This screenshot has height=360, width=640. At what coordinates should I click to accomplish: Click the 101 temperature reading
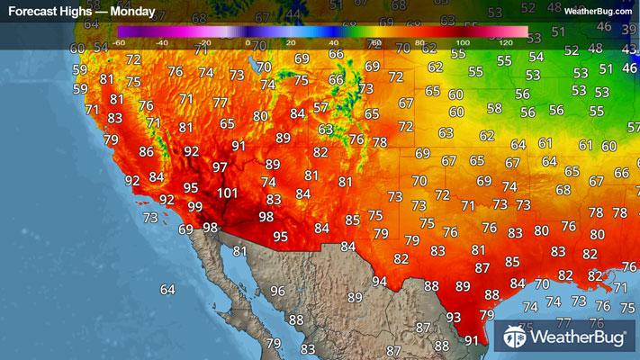(x=227, y=193)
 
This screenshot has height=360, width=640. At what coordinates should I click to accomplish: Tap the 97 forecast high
(x=220, y=167)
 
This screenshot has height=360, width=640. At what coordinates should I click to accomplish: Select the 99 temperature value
(x=195, y=207)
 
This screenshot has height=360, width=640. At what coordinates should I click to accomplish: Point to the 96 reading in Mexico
(x=277, y=291)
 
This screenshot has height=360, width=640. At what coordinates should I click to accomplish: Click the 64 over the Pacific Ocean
(x=167, y=289)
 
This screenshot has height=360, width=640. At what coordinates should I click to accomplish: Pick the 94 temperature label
(x=380, y=281)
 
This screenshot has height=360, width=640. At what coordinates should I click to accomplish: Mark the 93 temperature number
(x=454, y=317)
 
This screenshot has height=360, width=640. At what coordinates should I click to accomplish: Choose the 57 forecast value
(x=320, y=107)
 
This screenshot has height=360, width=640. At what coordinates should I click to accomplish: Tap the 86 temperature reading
(x=146, y=152)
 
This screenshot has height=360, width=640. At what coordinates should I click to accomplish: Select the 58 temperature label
(x=494, y=108)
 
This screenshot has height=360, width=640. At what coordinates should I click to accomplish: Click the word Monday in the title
(x=131, y=13)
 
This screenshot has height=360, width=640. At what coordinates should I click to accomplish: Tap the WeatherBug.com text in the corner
(x=597, y=12)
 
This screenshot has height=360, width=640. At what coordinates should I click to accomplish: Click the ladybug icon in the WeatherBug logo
(x=517, y=337)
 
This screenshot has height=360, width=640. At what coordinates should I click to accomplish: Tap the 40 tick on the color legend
(x=332, y=42)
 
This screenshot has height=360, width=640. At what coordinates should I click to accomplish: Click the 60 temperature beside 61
(x=608, y=146)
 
